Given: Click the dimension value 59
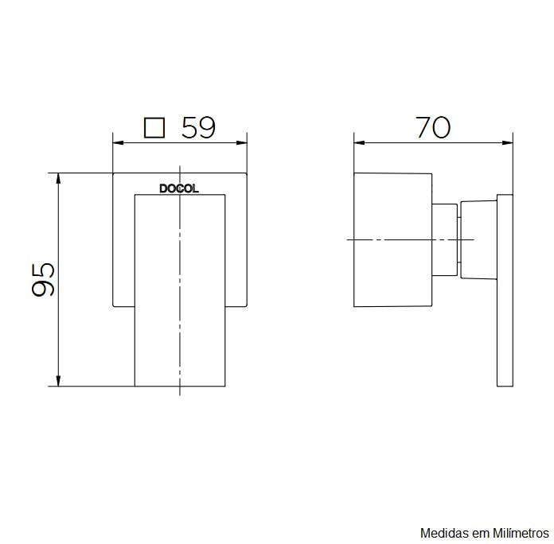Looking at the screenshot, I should click(199, 127).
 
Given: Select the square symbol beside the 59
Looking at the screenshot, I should click(154, 127).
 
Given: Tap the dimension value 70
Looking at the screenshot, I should click(433, 126).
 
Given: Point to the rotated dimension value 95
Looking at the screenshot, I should click(44, 278).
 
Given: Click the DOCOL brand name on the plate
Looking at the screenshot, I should click(179, 189).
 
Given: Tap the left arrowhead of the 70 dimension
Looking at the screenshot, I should click(359, 143).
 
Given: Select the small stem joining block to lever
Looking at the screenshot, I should click(445, 239).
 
